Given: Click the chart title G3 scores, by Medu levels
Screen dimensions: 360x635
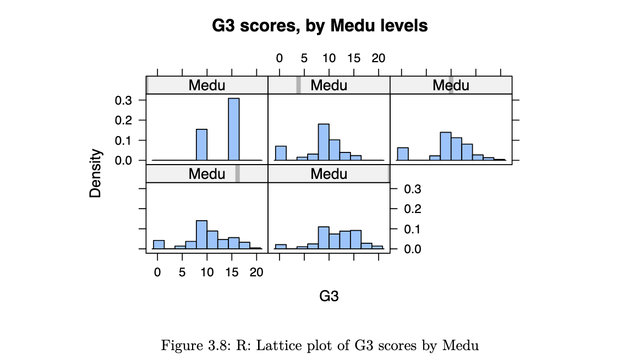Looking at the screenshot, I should tap(320, 26).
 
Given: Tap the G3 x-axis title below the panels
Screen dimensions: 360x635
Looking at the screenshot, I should tap(329, 296).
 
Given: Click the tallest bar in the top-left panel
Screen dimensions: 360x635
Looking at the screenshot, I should tap(234, 129).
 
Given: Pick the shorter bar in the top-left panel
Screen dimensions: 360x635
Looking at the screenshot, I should tap(201, 145).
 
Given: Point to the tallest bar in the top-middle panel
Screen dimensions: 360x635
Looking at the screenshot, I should tap(324, 142).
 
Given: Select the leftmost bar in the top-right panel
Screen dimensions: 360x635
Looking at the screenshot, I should tap(402, 154).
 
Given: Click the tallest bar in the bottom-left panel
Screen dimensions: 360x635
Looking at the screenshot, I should tap(201, 234).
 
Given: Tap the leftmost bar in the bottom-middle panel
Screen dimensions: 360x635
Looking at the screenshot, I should tap(280, 247).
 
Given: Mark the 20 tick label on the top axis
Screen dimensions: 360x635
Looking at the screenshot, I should tap(378, 58).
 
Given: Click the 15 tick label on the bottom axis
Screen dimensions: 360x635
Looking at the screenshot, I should tap(232, 272).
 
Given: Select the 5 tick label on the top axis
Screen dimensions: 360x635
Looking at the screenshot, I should tap(304, 58).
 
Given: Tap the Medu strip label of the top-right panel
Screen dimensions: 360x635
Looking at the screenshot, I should tap(451, 85).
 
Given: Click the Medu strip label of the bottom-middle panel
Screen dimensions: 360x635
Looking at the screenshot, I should tap(329, 174).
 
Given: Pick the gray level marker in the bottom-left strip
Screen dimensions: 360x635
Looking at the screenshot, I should tap(238, 174).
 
